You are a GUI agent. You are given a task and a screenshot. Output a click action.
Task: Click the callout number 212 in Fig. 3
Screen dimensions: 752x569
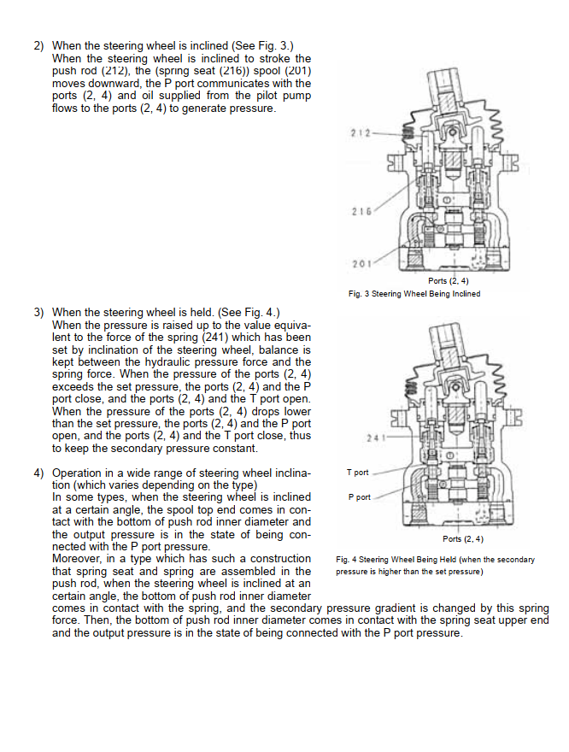point(360,133)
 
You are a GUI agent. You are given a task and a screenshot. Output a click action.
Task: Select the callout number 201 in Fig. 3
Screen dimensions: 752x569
point(360,262)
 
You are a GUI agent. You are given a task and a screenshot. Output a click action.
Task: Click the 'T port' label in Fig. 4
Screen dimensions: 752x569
point(358,473)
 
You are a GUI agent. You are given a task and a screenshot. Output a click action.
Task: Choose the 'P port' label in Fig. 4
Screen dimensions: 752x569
point(359,496)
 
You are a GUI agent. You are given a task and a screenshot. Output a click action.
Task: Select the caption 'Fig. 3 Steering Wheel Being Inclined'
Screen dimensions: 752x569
point(414,294)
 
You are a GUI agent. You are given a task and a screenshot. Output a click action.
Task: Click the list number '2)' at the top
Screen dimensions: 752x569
point(38,45)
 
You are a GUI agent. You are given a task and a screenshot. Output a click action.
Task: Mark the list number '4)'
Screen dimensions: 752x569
point(38,473)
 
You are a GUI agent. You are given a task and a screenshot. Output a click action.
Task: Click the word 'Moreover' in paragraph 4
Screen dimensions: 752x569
point(78,559)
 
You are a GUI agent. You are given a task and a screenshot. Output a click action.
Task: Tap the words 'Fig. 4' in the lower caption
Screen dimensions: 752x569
point(349,560)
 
